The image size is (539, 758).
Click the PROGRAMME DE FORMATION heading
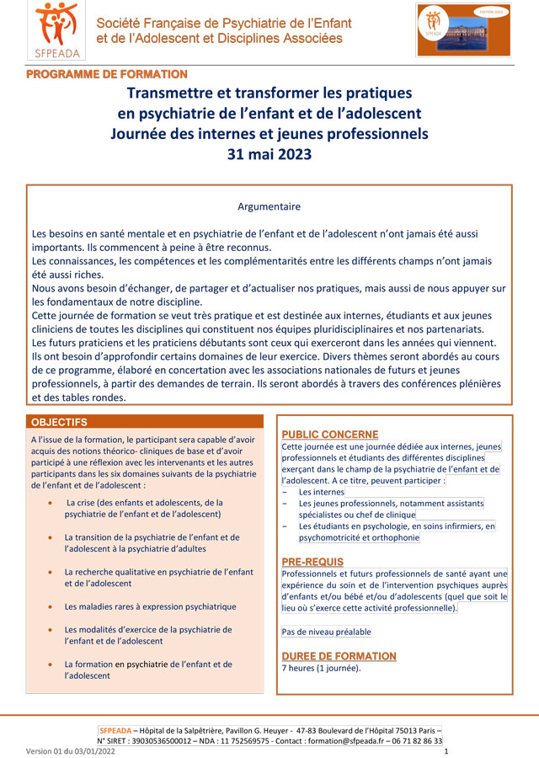coord(107,75)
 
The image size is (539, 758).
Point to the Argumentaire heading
coord(269,206)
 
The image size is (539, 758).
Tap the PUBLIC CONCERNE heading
coord(330,434)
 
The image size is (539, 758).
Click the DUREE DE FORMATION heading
coord(339,656)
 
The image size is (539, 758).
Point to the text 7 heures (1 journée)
coord(321,669)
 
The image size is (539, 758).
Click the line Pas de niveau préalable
coord(326,632)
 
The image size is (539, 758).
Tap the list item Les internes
coord(322,492)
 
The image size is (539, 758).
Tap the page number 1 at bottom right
coord(446,751)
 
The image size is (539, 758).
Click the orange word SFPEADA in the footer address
coord(115,730)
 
